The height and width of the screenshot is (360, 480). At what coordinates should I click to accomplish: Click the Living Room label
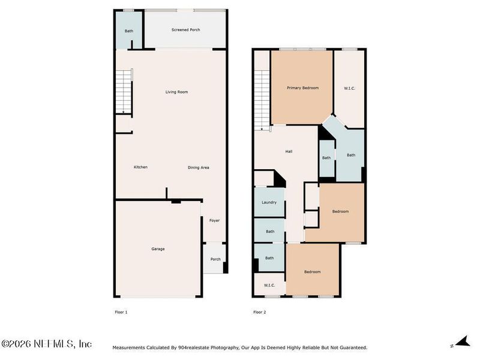pyautogui.click(x=176, y=92)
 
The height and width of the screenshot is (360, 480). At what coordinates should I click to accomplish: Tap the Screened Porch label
pyautogui.click(x=185, y=29)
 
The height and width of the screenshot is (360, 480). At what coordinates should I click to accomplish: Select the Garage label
pyautogui.click(x=158, y=249)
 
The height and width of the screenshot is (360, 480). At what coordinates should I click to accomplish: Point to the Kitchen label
pyautogui.click(x=140, y=167)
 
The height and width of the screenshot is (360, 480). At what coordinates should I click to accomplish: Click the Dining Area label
pyautogui.click(x=198, y=167)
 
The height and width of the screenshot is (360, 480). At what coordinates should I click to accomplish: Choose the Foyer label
pyautogui.click(x=214, y=221)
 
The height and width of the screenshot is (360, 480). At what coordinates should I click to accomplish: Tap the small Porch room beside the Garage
pyautogui.click(x=215, y=259)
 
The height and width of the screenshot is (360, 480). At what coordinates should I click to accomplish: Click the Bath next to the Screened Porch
pyautogui.click(x=129, y=31)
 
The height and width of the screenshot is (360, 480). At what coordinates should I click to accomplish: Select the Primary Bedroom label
pyautogui.click(x=302, y=88)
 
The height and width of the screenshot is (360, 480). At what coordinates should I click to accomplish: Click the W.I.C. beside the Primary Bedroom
pyautogui.click(x=350, y=88)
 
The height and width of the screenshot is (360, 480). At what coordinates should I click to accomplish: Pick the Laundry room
pyautogui.click(x=269, y=203)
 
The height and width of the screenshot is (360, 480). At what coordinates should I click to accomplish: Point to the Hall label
pyautogui.click(x=289, y=151)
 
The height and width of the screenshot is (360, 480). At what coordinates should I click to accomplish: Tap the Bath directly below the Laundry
pyautogui.click(x=270, y=231)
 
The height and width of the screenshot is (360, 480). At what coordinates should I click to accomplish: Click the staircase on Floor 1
pyautogui.click(x=124, y=91)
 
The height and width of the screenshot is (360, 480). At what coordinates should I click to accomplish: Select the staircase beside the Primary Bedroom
pyautogui.click(x=262, y=100)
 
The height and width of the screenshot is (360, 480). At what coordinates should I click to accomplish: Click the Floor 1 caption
pyautogui.click(x=121, y=312)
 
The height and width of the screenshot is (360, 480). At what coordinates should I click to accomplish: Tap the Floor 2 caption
pyautogui.click(x=259, y=312)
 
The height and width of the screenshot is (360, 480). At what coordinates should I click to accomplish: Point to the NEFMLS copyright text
pyautogui.click(x=46, y=344)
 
